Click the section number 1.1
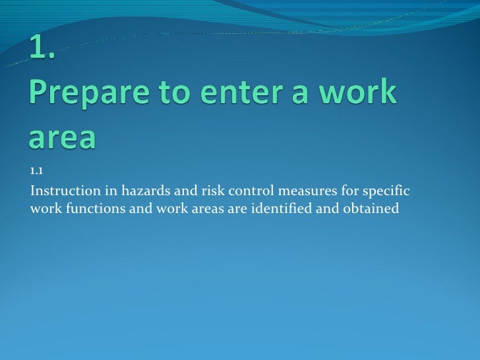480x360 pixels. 36,173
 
